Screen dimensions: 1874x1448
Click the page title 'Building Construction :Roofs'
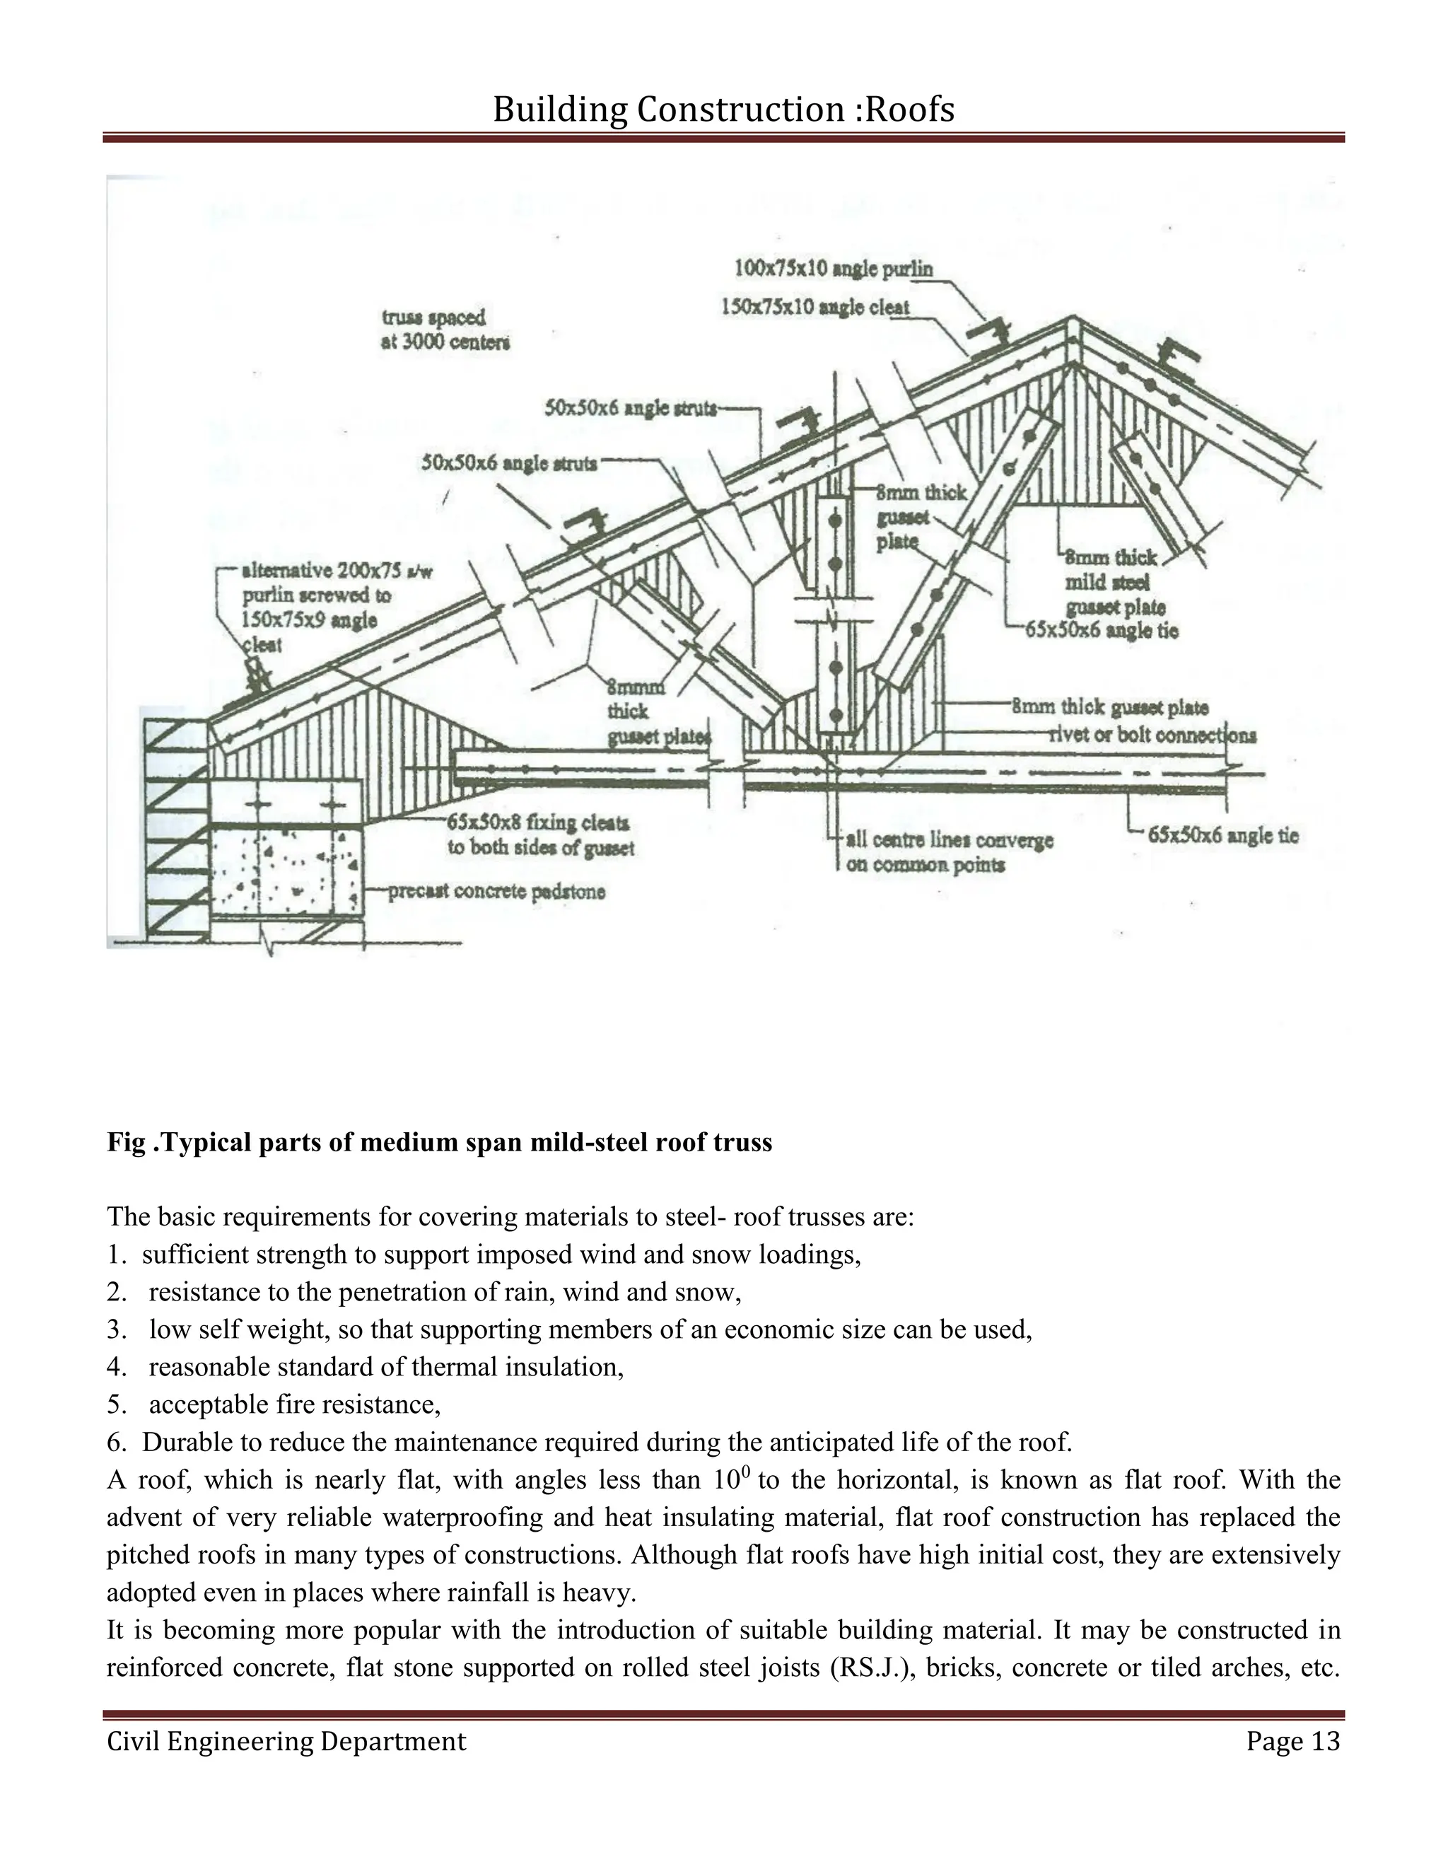tap(723, 110)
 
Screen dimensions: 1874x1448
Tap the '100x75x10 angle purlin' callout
tap(833, 269)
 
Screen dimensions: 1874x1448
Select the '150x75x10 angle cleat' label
tap(815, 306)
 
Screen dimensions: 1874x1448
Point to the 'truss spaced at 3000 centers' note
tap(445, 330)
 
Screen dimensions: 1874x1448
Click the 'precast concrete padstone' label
tap(496, 892)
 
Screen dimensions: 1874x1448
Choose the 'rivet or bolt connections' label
tap(1152, 735)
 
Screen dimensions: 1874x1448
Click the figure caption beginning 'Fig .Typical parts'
tap(439, 1143)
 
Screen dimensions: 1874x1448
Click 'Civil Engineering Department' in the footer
tap(286, 1741)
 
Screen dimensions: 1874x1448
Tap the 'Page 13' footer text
tap(1292, 1741)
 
